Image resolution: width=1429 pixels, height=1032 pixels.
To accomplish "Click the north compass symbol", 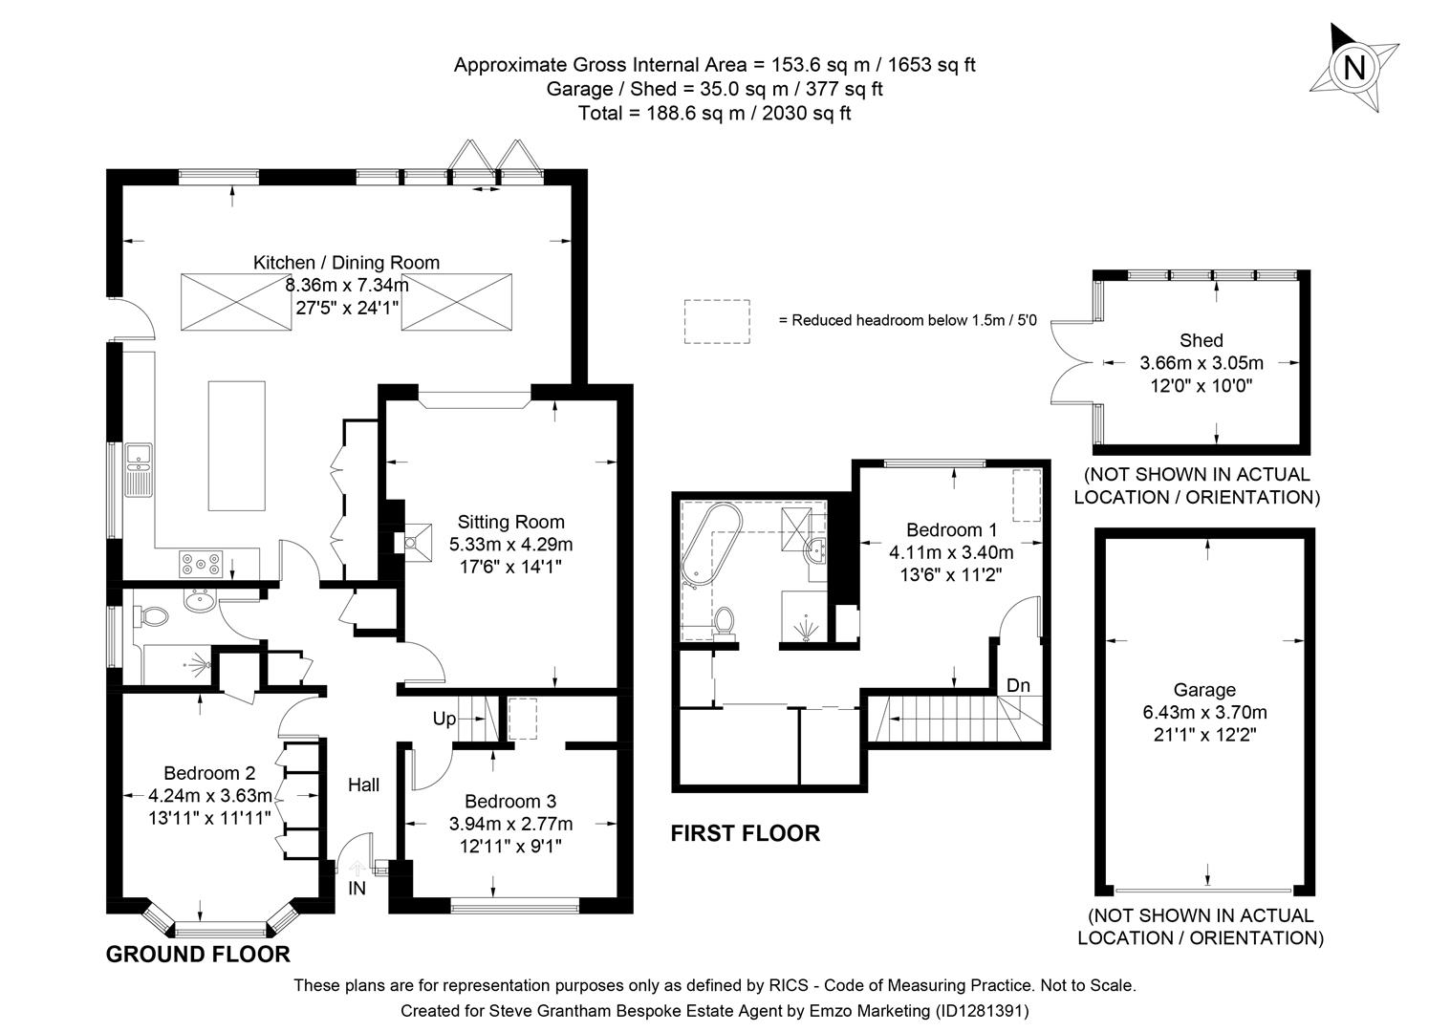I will [1353, 67].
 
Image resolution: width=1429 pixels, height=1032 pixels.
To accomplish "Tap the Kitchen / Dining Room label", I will [346, 263].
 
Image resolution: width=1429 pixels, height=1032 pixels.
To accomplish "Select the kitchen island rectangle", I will [236, 446].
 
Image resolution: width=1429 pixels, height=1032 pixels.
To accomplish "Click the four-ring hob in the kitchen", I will [202, 564].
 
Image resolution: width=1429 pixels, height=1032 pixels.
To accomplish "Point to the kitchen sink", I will [137, 471].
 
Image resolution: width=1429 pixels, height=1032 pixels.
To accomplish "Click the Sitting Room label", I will [510, 522].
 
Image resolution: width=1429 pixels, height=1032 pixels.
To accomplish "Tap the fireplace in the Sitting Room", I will [413, 541].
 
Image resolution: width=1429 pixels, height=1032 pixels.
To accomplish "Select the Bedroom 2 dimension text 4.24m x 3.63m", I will [210, 795].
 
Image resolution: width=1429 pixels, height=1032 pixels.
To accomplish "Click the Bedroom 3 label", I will [509, 802].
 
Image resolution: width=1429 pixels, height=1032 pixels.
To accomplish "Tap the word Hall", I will [363, 785].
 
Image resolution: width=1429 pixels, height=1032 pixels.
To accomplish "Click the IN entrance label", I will [357, 889].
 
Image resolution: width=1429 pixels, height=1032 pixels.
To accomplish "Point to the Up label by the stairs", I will [444, 720].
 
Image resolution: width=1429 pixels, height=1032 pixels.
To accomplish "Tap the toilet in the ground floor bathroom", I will [150, 617].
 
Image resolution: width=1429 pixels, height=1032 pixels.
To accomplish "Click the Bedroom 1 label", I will [951, 529].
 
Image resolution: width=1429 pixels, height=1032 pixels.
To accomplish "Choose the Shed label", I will [1202, 340].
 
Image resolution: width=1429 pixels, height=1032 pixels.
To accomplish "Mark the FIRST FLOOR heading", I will [745, 833].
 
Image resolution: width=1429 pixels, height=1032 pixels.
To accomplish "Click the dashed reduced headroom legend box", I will [716, 321].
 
